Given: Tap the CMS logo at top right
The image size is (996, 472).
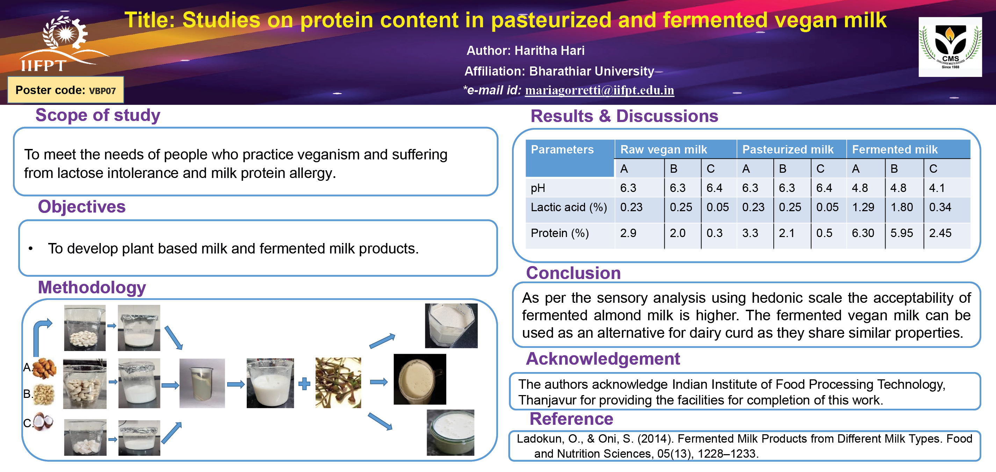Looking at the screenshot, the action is point(950,47).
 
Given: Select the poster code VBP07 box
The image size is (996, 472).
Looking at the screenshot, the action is point(66,90).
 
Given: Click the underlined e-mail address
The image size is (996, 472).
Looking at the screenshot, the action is point(599,90).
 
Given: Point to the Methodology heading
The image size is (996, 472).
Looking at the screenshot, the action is point(92,287).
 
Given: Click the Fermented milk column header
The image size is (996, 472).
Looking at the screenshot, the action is point(895,149).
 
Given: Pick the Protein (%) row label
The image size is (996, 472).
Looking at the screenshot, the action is point(560,233).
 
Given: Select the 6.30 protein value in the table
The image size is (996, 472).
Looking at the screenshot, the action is point(863,233).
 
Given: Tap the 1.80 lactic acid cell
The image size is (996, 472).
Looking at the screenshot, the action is point(901,207).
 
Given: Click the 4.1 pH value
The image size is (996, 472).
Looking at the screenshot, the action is point(937,188).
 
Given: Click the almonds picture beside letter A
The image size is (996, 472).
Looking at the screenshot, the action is point(44,368).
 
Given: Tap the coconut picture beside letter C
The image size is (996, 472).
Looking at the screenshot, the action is point(43,421).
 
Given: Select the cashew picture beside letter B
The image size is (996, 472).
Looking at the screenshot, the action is point(44,395).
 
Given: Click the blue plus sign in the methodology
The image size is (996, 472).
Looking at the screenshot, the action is point(304,384).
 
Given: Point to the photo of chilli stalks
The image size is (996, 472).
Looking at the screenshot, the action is point(338,382).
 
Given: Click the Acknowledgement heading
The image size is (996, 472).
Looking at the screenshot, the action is point(602,359).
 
